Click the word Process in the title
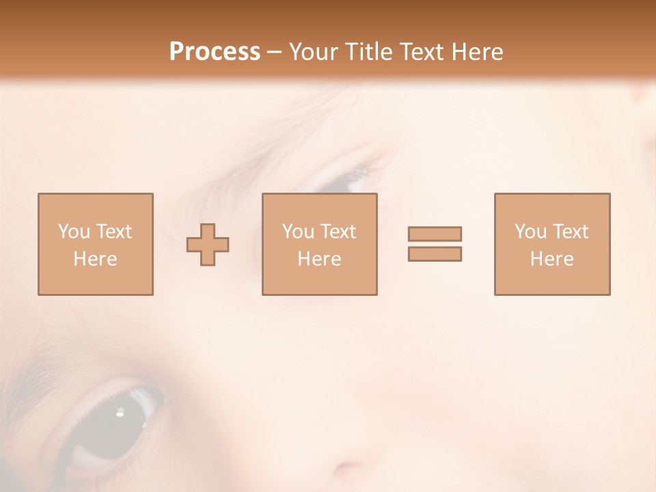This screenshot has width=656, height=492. [x=215, y=52]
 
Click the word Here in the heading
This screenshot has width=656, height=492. [x=478, y=52]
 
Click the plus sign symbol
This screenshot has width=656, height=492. [x=208, y=245]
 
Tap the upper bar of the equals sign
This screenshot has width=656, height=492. [x=435, y=234]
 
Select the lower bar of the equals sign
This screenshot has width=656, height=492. [x=435, y=254]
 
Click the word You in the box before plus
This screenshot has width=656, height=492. [x=74, y=232]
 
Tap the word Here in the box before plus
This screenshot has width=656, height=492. [x=95, y=259]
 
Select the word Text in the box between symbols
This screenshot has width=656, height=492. [x=338, y=232]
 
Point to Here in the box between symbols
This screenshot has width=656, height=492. [x=319, y=259]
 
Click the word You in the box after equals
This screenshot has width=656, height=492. [x=530, y=232]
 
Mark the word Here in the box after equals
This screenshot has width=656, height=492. [x=551, y=259]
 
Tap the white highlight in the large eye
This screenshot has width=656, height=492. [x=120, y=411]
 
